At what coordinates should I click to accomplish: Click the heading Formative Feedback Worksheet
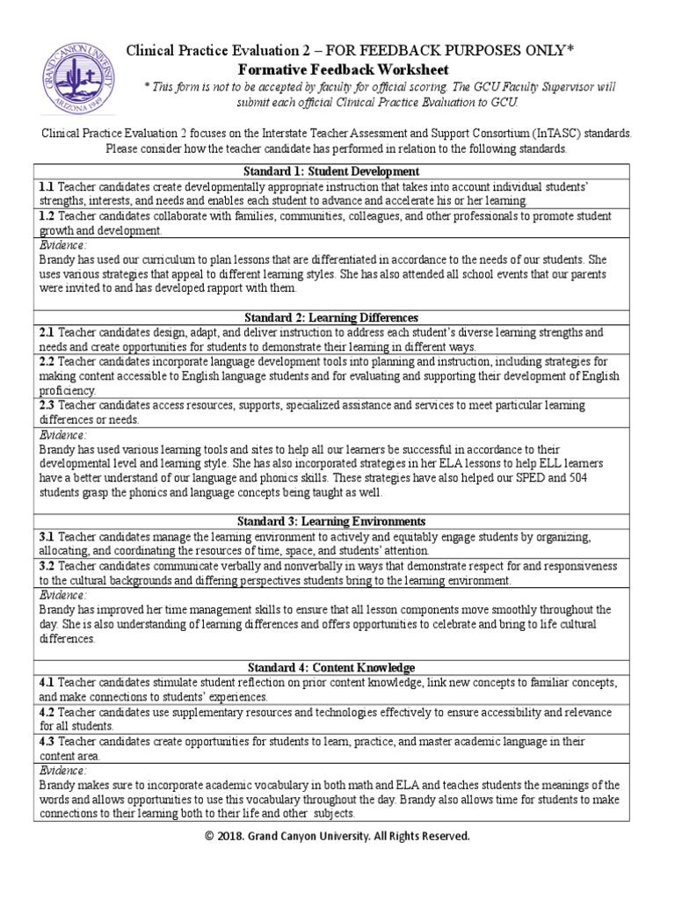click(344, 69)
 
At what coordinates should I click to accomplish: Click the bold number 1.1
click(47, 186)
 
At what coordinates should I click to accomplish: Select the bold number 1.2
click(47, 215)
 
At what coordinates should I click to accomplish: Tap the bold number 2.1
click(47, 333)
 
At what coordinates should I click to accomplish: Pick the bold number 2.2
click(47, 361)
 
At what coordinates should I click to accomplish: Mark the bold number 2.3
click(47, 405)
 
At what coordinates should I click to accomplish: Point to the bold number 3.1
click(47, 536)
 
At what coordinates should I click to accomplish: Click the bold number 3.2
click(47, 566)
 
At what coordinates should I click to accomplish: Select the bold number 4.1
click(47, 683)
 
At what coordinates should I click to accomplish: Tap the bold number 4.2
click(47, 712)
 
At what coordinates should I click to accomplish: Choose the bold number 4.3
click(47, 741)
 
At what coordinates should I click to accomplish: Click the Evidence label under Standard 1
click(62, 245)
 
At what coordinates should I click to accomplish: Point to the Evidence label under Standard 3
click(62, 595)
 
